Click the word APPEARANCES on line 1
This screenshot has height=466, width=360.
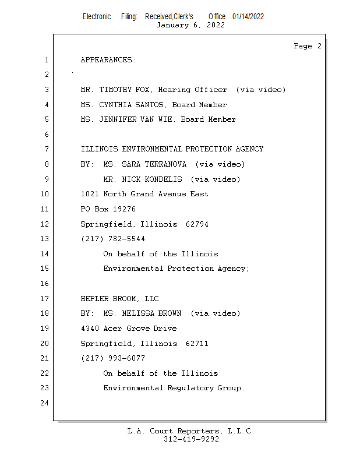[x=108, y=60]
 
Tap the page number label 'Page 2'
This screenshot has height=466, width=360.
[x=308, y=46]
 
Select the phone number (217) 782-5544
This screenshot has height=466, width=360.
[x=113, y=239]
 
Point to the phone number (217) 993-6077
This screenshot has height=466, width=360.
[x=113, y=358]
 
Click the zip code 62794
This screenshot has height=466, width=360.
[x=197, y=224]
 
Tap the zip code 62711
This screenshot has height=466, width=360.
[x=197, y=344]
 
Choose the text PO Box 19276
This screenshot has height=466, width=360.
[x=108, y=209]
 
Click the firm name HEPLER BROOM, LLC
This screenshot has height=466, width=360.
[x=119, y=299]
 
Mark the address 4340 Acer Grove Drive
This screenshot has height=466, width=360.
[x=129, y=329]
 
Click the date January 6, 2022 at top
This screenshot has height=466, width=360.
[x=190, y=25]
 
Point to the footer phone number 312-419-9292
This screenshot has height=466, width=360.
[x=191, y=439]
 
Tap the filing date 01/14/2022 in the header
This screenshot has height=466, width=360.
[x=248, y=16]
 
